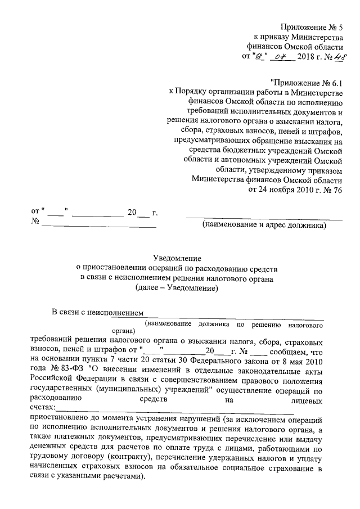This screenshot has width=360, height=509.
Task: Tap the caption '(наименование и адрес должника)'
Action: [x=264, y=226]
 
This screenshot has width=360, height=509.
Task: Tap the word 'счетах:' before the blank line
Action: [x=42, y=407]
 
